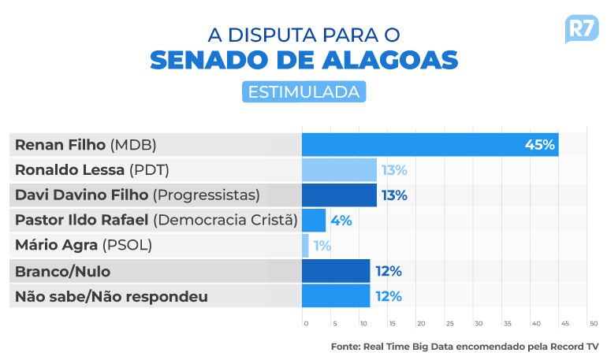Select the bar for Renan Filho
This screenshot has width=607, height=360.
[430, 145]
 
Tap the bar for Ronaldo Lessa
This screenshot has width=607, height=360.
[339, 170]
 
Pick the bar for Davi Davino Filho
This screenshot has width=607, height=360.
[339, 195]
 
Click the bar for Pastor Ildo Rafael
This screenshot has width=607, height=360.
[314, 221]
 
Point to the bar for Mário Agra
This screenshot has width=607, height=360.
[305, 246]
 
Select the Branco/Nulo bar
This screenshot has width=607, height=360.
[336, 271]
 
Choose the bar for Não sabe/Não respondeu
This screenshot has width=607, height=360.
[336, 296]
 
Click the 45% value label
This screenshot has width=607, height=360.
[540, 145]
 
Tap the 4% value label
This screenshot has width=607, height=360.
[341, 221]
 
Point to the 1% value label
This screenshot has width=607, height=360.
[322, 246]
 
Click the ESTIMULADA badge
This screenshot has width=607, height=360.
[303, 91]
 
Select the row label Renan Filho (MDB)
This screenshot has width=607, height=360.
[86, 145]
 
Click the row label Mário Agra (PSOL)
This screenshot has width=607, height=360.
[84, 246]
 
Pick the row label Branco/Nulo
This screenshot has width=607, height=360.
[62, 271]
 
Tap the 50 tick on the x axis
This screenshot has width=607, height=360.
[593, 323]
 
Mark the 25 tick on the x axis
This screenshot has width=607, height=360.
[449, 323]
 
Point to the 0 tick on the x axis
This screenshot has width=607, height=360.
[306, 323]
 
